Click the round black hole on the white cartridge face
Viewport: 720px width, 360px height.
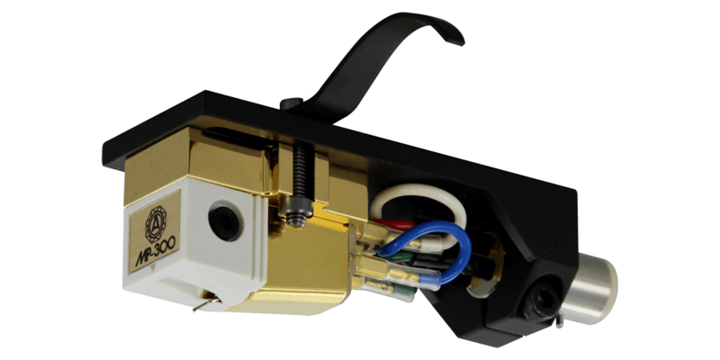coord(224,222)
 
